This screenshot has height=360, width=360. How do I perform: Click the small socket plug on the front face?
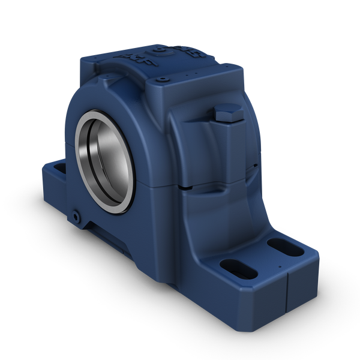pos(76,214)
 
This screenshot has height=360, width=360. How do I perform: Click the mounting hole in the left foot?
pos(59,170)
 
